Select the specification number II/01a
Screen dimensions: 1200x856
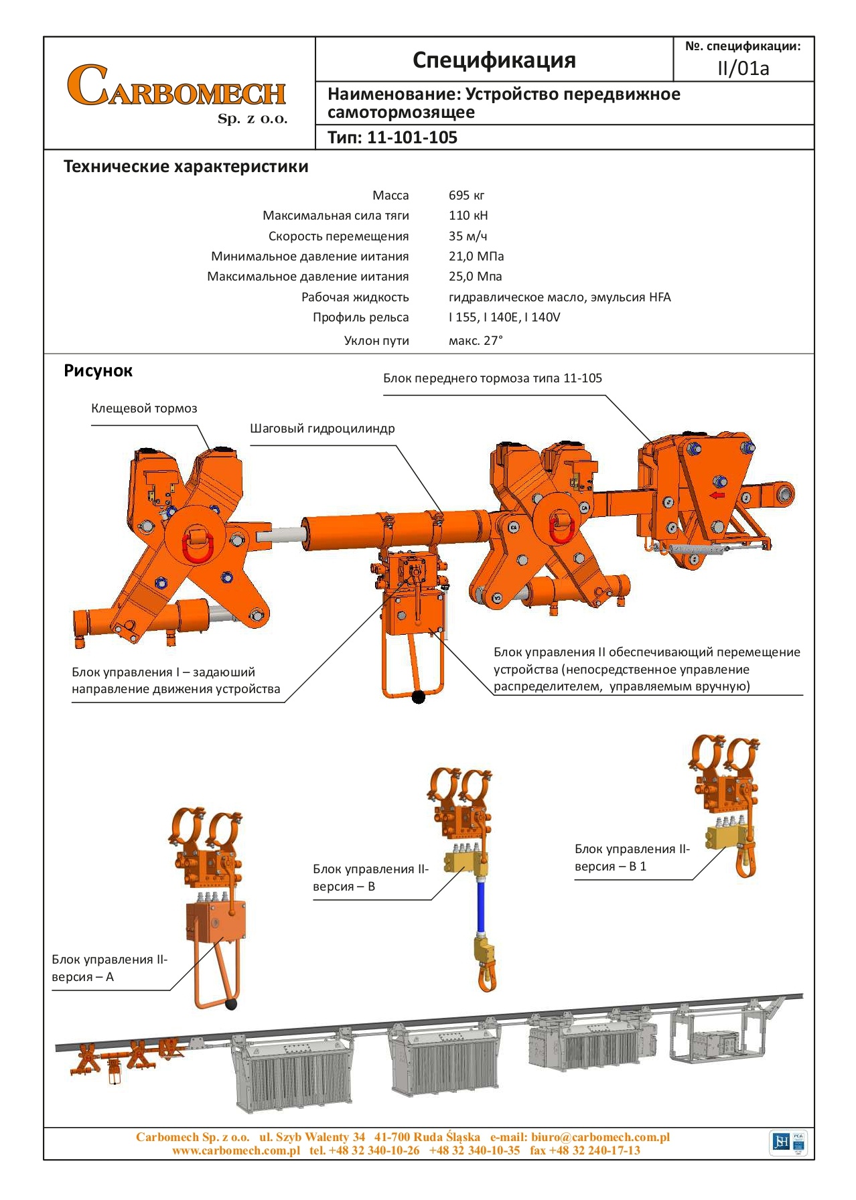pos(743,68)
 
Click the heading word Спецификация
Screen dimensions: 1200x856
pos(494,60)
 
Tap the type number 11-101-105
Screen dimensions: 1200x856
pos(412,138)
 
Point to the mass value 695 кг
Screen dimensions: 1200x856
pos(466,196)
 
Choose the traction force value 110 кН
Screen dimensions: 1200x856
pos(468,216)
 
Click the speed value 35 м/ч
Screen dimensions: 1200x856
pos(468,236)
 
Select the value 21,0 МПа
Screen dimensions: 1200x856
pos(476,256)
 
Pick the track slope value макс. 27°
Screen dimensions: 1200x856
pos(476,341)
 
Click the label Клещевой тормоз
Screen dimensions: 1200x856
pos(144,408)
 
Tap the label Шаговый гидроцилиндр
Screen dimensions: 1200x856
pos(322,429)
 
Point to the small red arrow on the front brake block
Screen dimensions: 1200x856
pos(717,496)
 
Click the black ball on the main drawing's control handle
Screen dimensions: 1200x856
pos(419,697)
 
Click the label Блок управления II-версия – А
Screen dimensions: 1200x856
pos(109,968)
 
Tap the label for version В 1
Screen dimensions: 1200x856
pos(632,858)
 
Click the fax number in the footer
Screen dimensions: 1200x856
pos(585,1150)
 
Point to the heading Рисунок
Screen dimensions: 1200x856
pos(98,371)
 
